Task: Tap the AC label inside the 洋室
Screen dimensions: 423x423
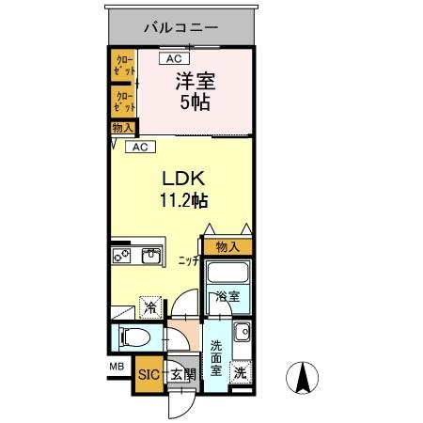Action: [174, 59]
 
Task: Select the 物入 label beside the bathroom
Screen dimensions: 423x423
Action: [227, 247]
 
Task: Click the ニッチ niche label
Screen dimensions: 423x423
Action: [188, 260]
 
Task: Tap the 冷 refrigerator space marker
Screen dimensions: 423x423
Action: [150, 305]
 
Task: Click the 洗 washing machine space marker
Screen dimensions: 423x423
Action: [241, 372]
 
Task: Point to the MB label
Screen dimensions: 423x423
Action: [117, 367]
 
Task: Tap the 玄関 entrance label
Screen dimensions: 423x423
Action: [181, 374]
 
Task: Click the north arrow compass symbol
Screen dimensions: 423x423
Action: [303, 379]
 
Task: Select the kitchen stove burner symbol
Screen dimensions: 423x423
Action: [122, 254]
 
